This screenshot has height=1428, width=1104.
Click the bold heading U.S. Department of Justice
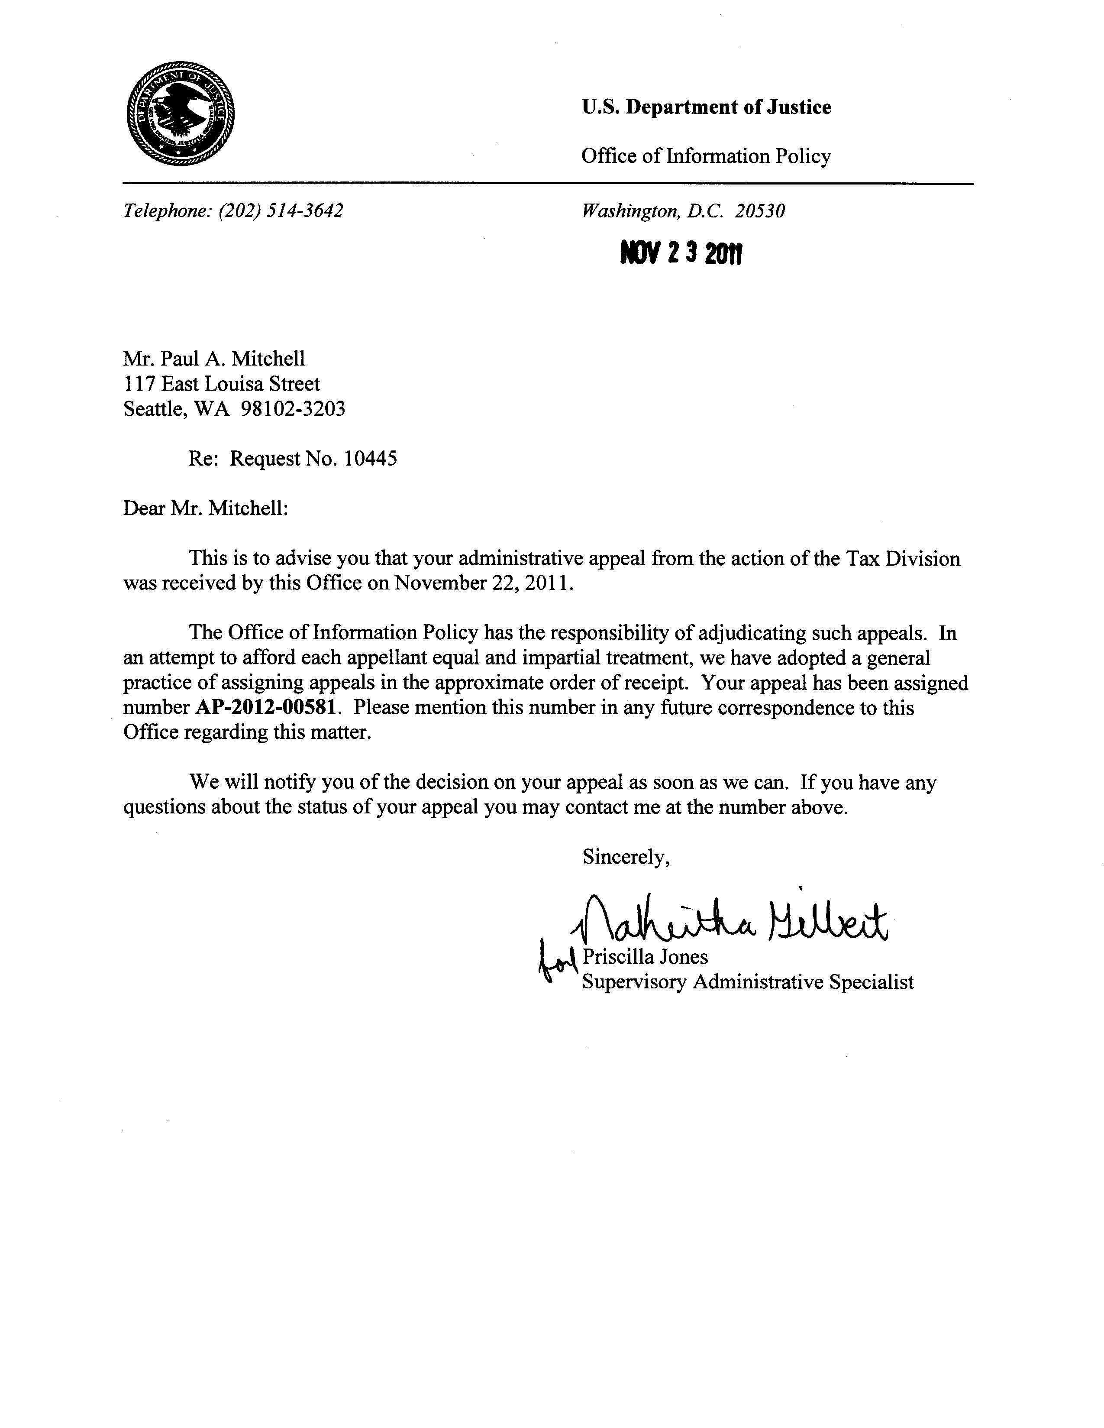coord(706,107)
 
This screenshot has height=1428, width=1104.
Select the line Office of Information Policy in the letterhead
coord(706,156)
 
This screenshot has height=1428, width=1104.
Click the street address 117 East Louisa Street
coord(222,383)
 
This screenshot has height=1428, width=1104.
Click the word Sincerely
coord(626,857)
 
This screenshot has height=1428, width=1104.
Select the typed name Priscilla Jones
coord(645,957)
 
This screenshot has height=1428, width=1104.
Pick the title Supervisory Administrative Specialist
coord(748,982)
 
